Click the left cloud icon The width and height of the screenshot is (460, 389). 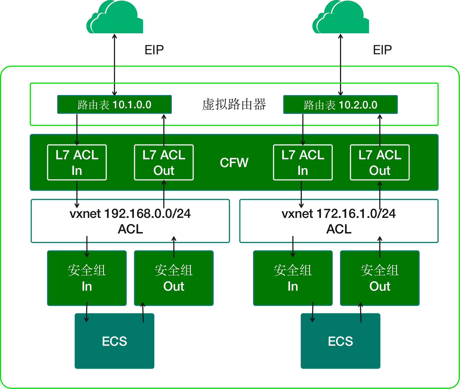coord(115,18)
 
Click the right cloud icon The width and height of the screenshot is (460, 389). coord(341,18)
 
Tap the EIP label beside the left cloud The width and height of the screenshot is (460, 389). coord(154,50)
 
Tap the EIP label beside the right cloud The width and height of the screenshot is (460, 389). coord(382,50)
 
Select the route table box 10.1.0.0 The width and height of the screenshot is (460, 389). coord(114,105)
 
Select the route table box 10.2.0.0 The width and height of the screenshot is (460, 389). coord(340,105)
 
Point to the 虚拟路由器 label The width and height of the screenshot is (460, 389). coord(234,104)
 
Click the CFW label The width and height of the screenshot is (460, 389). coord(234,163)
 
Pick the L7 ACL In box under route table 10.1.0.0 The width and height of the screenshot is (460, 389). coord(77,163)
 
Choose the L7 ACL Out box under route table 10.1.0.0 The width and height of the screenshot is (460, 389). coord(164,163)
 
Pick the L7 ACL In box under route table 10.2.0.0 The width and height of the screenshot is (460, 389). coord(303,163)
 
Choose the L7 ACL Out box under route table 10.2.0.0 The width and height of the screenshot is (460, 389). coord(380,163)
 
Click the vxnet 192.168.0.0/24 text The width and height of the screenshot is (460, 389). coord(130,214)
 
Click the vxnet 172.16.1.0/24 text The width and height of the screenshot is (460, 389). coord(339,214)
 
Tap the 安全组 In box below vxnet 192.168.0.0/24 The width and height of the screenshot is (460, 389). coord(87,278)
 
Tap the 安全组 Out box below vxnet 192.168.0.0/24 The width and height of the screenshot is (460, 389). coord(174,278)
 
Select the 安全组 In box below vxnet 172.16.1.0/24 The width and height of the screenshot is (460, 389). coord(293,278)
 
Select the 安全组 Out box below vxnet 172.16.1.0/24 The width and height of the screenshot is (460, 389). coord(380,278)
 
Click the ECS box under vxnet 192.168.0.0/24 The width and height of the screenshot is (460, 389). coord(114,341)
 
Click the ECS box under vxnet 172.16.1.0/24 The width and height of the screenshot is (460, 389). coord(340,341)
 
